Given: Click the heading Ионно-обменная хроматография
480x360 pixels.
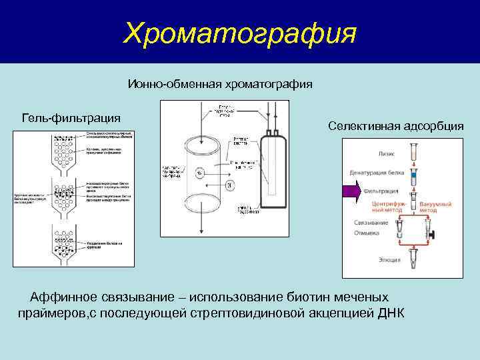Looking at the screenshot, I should (221, 85).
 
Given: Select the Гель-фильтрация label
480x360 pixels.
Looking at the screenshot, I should (71, 118).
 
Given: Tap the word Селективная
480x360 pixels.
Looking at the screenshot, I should (363, 126).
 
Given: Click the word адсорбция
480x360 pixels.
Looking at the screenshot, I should (433, 126).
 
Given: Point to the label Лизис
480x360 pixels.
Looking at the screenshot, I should (387, 153).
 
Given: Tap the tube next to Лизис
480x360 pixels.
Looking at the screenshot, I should (413, 151).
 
